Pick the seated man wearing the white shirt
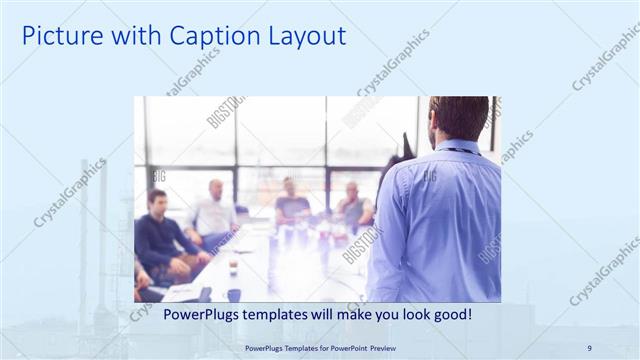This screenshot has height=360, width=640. pyautogui.click(x=213, y=212)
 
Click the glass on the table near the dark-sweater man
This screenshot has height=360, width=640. pyautogui.click(x=233, y=267)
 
